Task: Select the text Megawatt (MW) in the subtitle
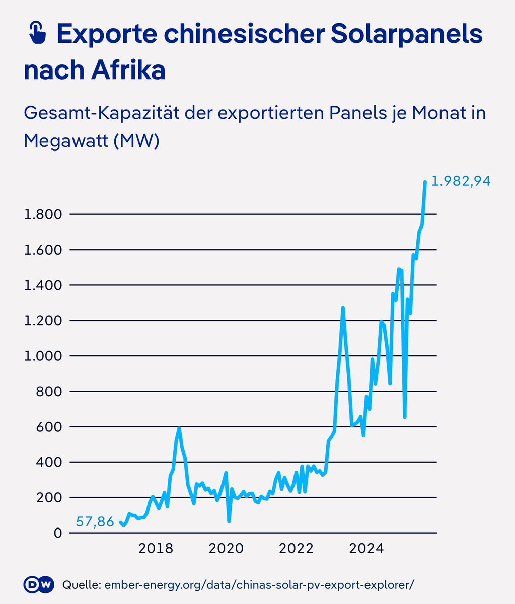tap(92, 141)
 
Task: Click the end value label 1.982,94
tap(461, 181)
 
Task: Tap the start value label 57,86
tap(95, 522)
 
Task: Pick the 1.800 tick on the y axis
tap(43, 215)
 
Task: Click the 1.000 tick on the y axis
tap(43, 356)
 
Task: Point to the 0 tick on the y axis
tap(57, 533)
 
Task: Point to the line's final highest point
tap(425, 182)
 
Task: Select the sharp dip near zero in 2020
tap(229, 521)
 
